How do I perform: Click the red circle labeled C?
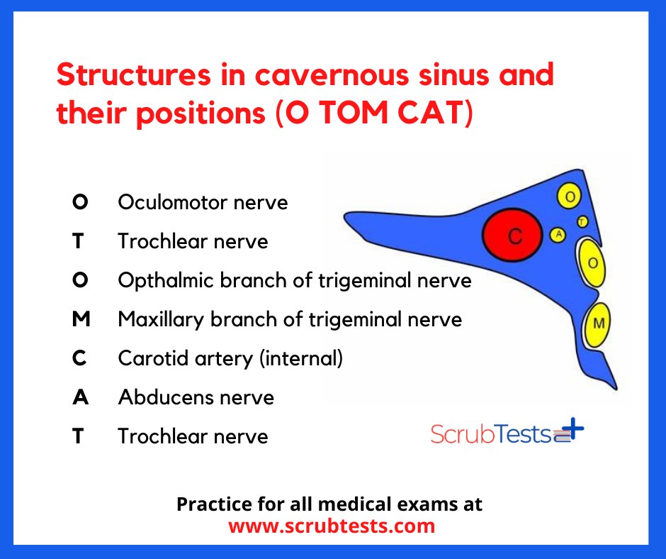coord(513,237)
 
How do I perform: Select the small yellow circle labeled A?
coord(558,234)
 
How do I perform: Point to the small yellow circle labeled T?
coord(582,221)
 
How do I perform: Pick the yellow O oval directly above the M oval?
coord(592,263)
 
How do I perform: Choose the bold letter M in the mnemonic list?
coord(81,319)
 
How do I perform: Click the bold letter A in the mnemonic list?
coord(81,397)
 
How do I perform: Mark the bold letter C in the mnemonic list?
coord(81,358)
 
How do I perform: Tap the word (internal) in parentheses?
coord(301,358)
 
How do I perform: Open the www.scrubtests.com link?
coord(332,526)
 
